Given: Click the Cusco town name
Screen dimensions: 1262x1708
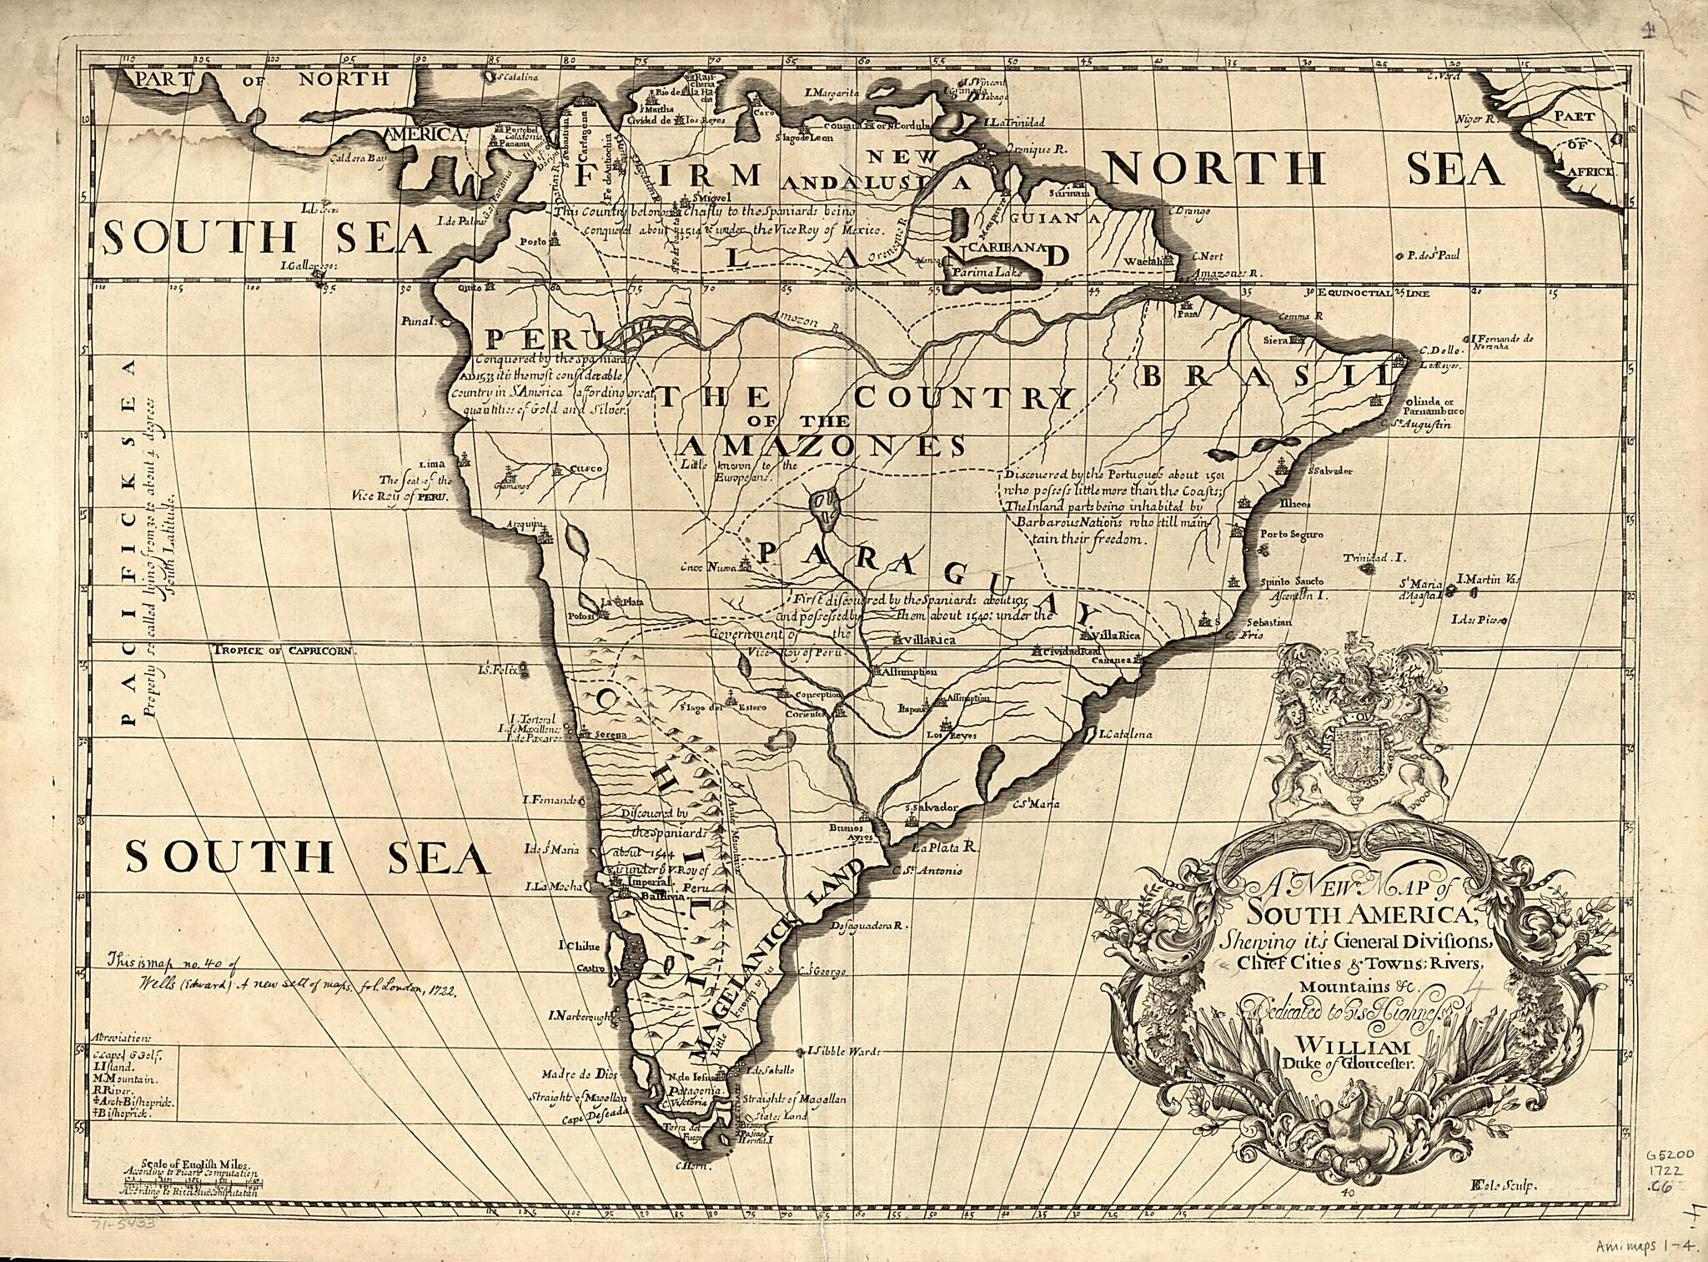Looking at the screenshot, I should tap(585, 469).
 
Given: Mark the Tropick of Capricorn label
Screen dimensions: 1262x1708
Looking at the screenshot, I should tap(284, 651).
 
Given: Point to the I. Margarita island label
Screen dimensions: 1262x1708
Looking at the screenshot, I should tap(831, 93).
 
